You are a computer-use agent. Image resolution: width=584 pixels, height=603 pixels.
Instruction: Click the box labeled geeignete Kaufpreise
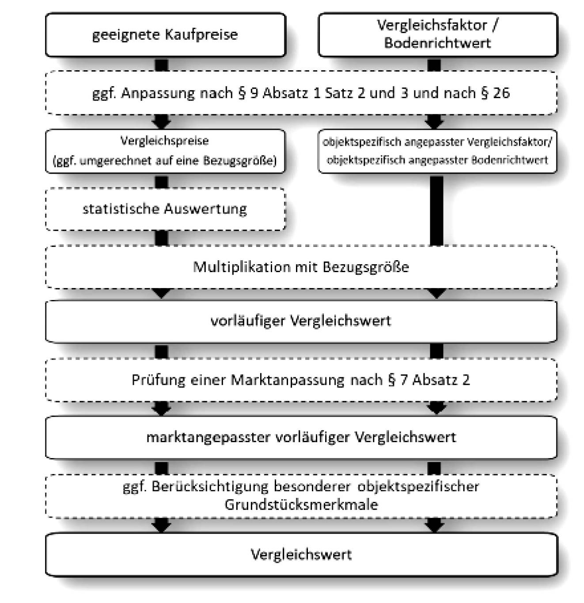(165, 34)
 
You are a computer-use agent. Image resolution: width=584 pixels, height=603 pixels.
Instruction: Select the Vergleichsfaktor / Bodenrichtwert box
(437, 34)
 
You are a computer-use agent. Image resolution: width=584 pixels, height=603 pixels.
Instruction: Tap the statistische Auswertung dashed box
(165, 209)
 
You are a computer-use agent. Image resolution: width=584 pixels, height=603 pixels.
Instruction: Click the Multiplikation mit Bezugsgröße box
(301, 267)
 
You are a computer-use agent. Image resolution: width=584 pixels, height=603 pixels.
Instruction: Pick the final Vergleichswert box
(301, 554)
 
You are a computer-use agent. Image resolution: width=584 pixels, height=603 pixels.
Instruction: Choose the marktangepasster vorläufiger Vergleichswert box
(301, 437)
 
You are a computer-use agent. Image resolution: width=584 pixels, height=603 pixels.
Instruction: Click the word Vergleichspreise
(165, 141)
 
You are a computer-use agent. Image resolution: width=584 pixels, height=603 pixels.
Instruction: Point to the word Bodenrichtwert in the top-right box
(437, 43)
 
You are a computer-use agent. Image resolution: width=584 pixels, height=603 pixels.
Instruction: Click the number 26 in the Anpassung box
(501, 93)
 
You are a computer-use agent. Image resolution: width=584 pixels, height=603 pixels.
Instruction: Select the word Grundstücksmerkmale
(301, 504)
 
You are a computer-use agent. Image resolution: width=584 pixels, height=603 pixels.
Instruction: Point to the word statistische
(121, 209)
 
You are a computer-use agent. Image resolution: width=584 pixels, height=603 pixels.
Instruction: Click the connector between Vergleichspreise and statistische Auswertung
(162, 181)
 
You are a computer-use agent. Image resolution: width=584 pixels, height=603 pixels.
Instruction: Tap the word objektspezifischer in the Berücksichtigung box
(418, 486)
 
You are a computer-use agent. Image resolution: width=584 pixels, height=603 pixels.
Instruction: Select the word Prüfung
(158, 380)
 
